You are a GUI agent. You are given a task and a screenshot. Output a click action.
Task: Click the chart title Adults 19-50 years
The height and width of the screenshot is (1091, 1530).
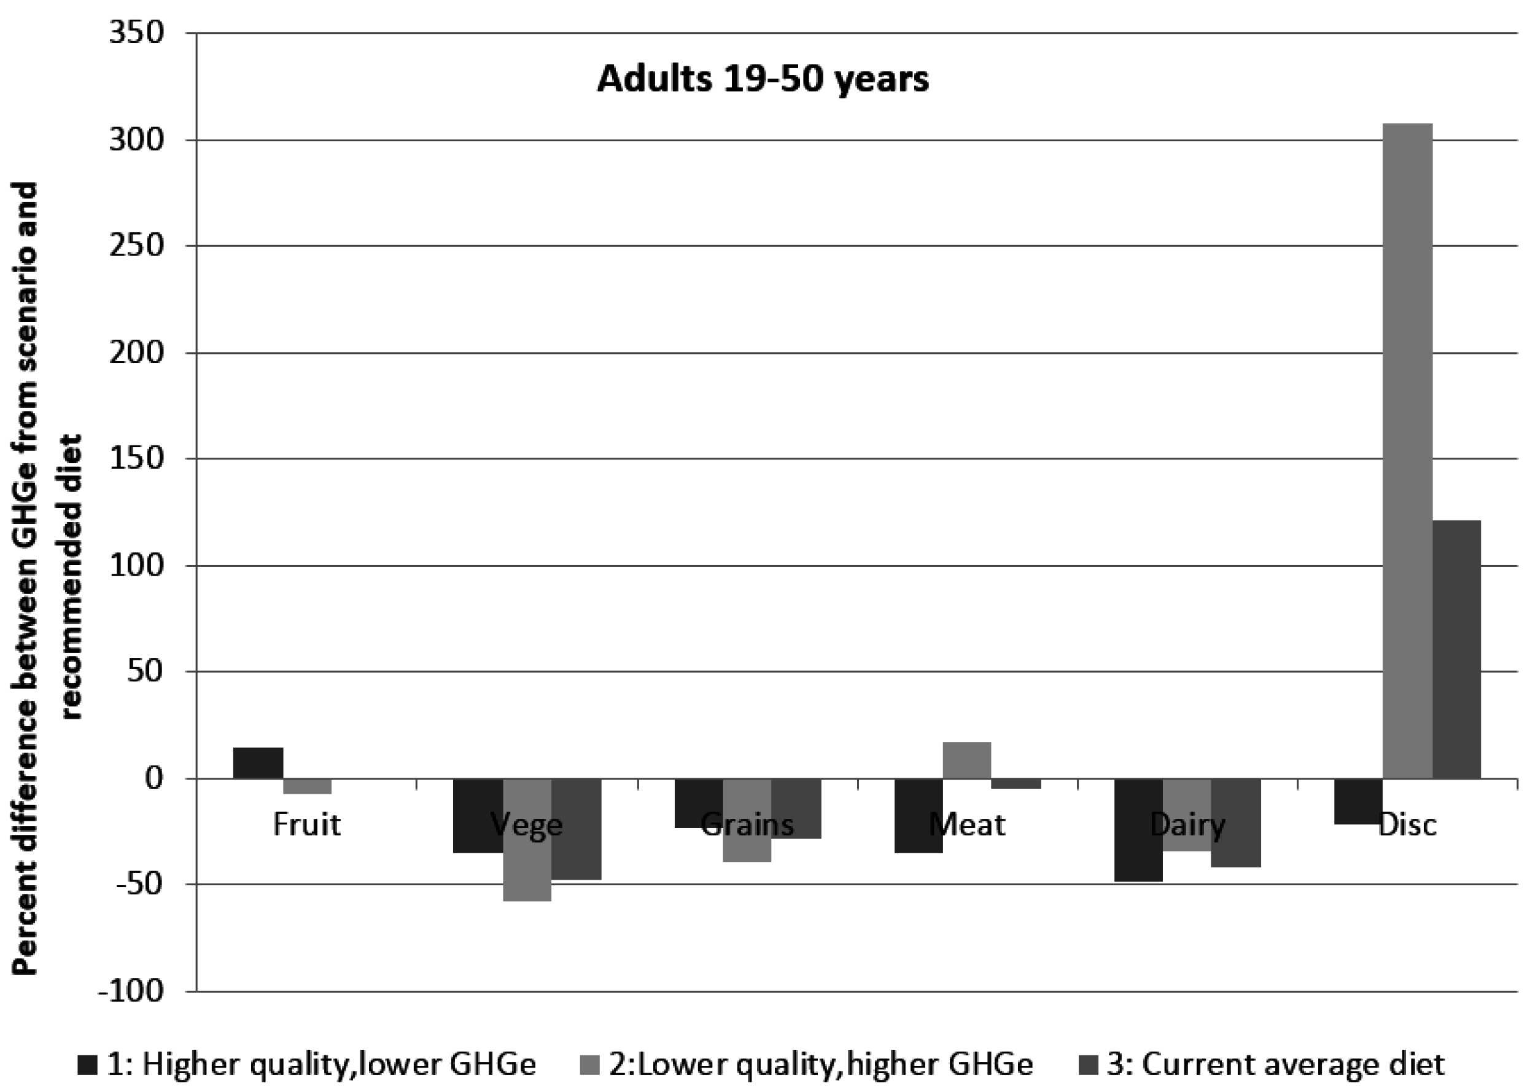(x=763, y=79)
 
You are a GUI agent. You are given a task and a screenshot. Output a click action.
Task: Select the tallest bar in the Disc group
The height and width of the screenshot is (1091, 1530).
(x=1407, y=450)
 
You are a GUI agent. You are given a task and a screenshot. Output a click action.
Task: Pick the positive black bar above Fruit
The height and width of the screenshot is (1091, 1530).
(x=258, y=762)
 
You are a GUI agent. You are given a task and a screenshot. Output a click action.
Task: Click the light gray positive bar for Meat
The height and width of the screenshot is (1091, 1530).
(x=967, y=760)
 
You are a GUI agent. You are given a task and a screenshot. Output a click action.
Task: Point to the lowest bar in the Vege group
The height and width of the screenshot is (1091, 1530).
(x=527, y=839)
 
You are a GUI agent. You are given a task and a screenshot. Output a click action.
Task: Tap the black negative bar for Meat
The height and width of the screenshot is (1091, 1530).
(x=918, y=815)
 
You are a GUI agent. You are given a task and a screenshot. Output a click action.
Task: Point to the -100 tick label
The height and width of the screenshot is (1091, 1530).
(x=131, y=990)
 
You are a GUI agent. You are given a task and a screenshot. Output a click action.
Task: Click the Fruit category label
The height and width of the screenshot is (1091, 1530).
(x=307, y=824)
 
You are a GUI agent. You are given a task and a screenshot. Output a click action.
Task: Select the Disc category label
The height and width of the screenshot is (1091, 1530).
(x=1407, y=824)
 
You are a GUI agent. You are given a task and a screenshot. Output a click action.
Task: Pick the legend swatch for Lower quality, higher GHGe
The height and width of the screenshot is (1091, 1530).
(x=589, y=1065)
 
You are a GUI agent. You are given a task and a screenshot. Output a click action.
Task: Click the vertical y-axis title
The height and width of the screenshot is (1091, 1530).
(x=47, y=577)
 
